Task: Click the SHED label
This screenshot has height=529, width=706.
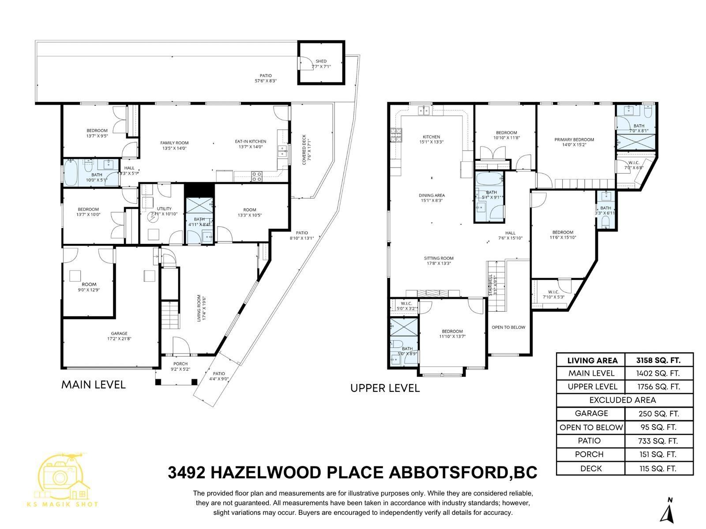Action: (x=321, y=61)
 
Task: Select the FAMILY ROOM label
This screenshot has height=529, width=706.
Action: (x=174, y=143)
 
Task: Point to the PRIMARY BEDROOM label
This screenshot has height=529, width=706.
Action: (x=574, y=140)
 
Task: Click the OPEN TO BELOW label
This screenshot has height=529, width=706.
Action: (x=508, y=327)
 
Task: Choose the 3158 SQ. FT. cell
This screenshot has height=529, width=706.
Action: (x=658, y=360)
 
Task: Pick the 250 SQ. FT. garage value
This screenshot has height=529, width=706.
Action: (x=658, y=414)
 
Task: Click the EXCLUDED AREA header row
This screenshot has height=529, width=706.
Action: (x=623, y=400)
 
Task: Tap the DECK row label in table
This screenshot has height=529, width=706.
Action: (x=591, y=468)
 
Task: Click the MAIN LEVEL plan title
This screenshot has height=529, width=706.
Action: (x=94, y=384)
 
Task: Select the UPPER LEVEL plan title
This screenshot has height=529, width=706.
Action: (x=385, y=388)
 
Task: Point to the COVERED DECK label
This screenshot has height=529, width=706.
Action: (x=304, y=150)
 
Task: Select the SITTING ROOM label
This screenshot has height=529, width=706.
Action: (x=439, y=258)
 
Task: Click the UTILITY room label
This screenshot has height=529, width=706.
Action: (x=164, y=209)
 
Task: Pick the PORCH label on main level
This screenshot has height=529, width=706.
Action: (x=180, y=364)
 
